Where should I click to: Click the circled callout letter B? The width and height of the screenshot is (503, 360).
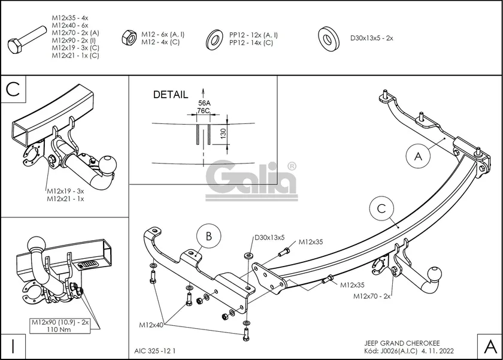click(208, 237)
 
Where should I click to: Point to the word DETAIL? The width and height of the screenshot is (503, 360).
click(170, 95)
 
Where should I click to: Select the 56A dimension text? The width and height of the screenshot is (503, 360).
click(204, 103)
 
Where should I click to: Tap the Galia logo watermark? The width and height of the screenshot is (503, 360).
click(251, 179)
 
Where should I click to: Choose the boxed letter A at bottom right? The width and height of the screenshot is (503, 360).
click(489, 346)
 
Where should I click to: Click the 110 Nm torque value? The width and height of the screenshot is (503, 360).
click(60, 329)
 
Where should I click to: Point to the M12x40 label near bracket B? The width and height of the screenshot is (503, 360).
click(151, 325)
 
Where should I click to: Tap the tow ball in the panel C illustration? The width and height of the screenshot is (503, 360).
click(109, 164)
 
